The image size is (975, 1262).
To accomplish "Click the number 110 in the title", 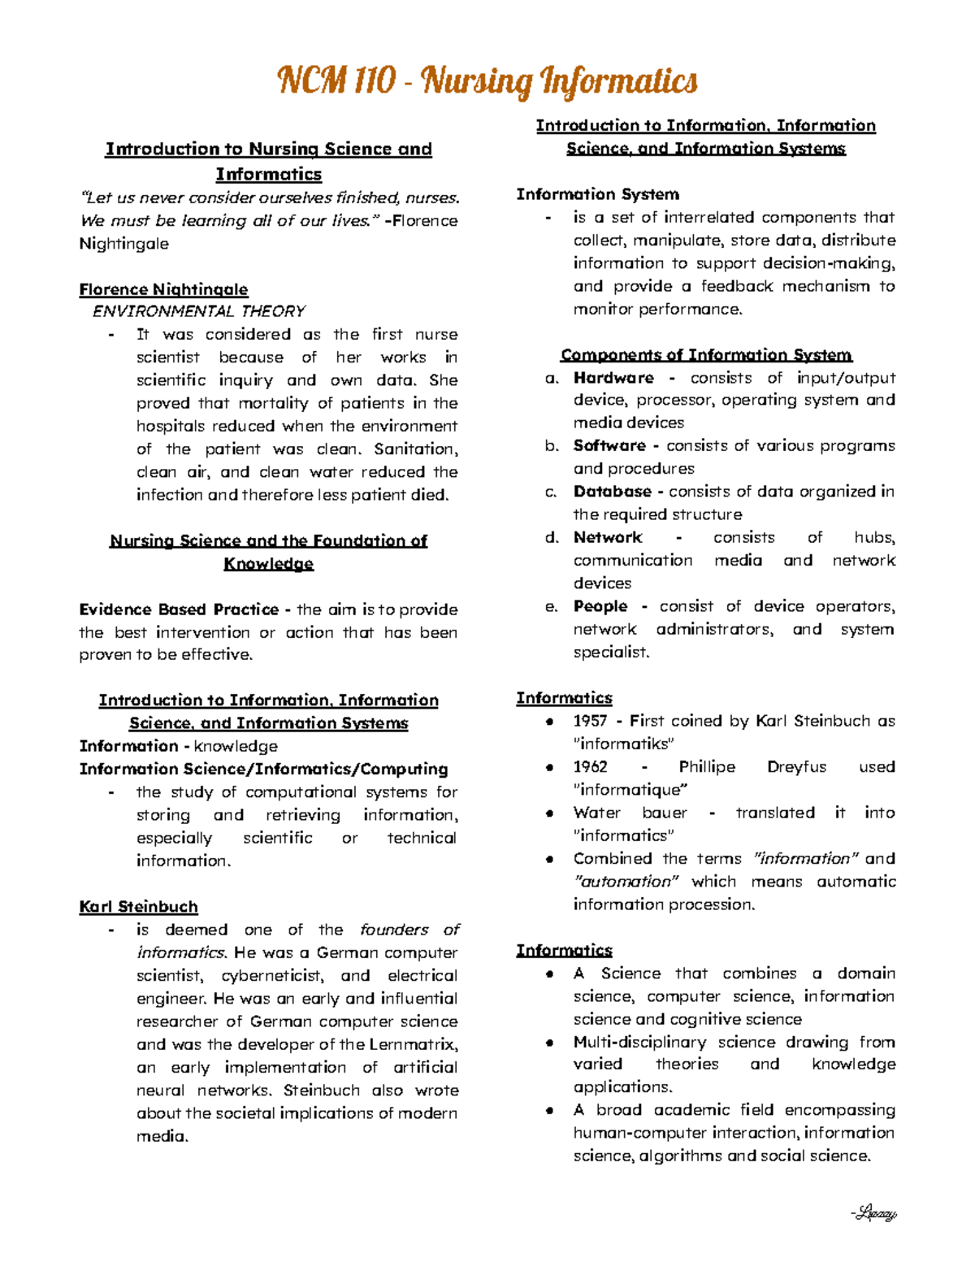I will (375, 81).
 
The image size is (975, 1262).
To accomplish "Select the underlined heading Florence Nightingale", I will (163, 289).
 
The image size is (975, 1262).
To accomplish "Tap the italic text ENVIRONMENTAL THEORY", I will (198, 311).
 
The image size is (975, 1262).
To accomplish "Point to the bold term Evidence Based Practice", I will (179, 609).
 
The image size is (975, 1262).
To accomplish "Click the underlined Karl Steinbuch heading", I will (138, 907).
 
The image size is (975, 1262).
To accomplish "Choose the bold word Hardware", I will (613, 378).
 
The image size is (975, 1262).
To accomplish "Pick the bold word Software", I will (609, 445).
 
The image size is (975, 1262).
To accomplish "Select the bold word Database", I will (612, 492).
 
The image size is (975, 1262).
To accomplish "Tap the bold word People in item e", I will (600, 606).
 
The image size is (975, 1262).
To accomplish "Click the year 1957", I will (590, 721).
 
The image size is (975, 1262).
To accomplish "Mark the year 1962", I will (590, 767).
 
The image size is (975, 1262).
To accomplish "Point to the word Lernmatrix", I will (413, 1044).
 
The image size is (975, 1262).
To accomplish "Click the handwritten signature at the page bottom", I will (873, 1214).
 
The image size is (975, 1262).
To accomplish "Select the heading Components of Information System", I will (706, 355).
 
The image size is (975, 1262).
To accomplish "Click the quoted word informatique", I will (630, 790).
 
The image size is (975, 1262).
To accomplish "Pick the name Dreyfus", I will (796, 767).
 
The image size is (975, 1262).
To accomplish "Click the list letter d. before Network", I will (552, 538).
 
